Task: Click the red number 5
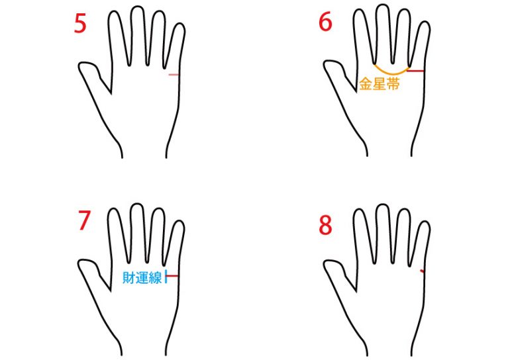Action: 80,23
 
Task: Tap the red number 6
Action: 325,22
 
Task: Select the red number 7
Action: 84,220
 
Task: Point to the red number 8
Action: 325,225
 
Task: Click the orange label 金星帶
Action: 380,84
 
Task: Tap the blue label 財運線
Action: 142,277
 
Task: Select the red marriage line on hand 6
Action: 416,71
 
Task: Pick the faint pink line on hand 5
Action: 174,75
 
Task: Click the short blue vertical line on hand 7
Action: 166,276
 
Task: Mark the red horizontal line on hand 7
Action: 172,276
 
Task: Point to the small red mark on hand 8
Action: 422,271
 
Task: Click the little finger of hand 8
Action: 419,244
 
